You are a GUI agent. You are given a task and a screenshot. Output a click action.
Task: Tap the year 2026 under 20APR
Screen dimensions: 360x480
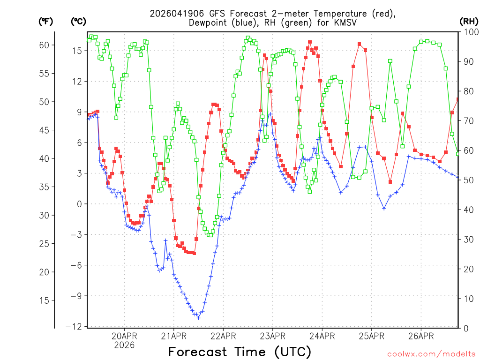(x=124, y=345)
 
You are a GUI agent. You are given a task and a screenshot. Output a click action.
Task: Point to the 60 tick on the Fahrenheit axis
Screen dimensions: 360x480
(x=44, y=45)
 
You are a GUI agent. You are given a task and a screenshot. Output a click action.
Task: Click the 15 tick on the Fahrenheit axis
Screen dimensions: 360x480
(x=44, y=300)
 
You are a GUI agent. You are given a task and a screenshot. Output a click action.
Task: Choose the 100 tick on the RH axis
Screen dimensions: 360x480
(x=467, y=32)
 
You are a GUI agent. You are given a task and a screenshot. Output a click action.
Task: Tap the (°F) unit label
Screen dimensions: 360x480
(x=45, y=21)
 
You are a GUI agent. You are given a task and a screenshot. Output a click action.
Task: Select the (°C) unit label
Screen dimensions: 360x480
(x=79, y=21)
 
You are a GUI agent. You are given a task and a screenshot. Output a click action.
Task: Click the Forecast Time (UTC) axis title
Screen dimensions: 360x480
(x=240, y=352)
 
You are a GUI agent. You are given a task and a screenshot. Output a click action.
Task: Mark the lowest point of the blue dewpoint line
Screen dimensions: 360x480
(x=198, y=318)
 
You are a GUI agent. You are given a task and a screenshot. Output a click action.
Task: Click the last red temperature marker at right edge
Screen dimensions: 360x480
(x=458, y=99)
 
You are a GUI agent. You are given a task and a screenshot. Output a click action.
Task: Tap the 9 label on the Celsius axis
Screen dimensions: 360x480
(x=79, y=112)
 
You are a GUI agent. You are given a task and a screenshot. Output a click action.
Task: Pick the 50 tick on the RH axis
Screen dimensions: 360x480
(x=465, y=180)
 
